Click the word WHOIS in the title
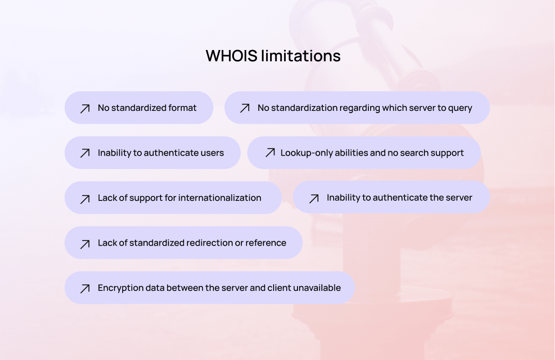coord(231,56)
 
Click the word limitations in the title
coord(301,56)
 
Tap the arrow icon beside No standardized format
coord(85,109)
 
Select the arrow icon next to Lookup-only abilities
coord(270,153)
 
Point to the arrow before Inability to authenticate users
coord(85,153)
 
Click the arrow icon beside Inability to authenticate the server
coord(314,199)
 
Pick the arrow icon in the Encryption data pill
coord(85,289)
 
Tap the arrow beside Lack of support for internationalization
coord(85,199)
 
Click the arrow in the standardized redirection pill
coord(85,244)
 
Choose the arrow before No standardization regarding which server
coord(245,108)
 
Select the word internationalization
coord(220,198)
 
